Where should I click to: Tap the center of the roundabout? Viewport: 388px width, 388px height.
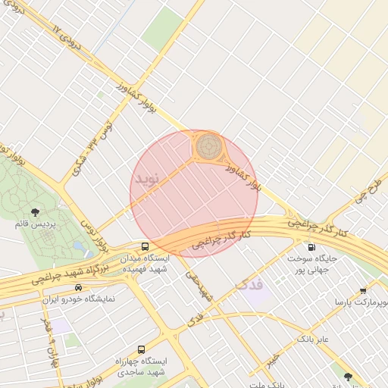coord(208,145)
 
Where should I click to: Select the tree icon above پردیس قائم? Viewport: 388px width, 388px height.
coord(34,211)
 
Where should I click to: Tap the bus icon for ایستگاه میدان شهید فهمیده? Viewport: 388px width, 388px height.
coord(145,246)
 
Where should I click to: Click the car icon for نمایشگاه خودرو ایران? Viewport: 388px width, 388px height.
coord(79,287)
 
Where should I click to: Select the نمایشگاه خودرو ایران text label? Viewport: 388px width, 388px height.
coord(79,299)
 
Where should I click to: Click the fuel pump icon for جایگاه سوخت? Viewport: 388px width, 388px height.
coord(311,247)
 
